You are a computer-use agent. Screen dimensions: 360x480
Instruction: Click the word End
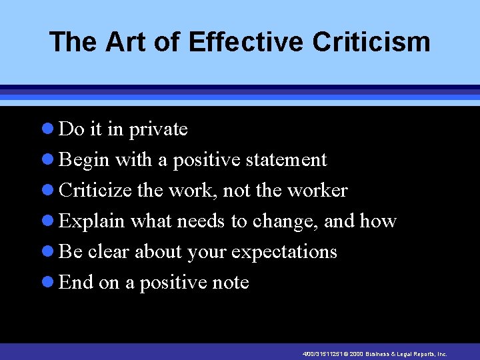point(76,283)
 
